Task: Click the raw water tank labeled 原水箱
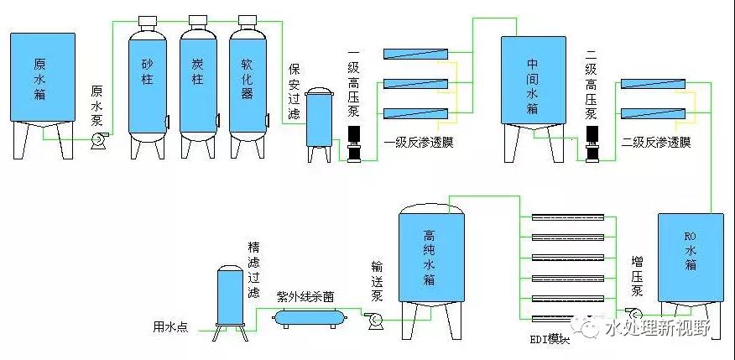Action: pos(41,81)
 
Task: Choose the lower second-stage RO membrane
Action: pos(653,113)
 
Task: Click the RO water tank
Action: pos(689,256)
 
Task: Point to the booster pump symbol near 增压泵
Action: pos(631,313)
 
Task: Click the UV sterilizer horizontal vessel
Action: pos(310,316)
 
